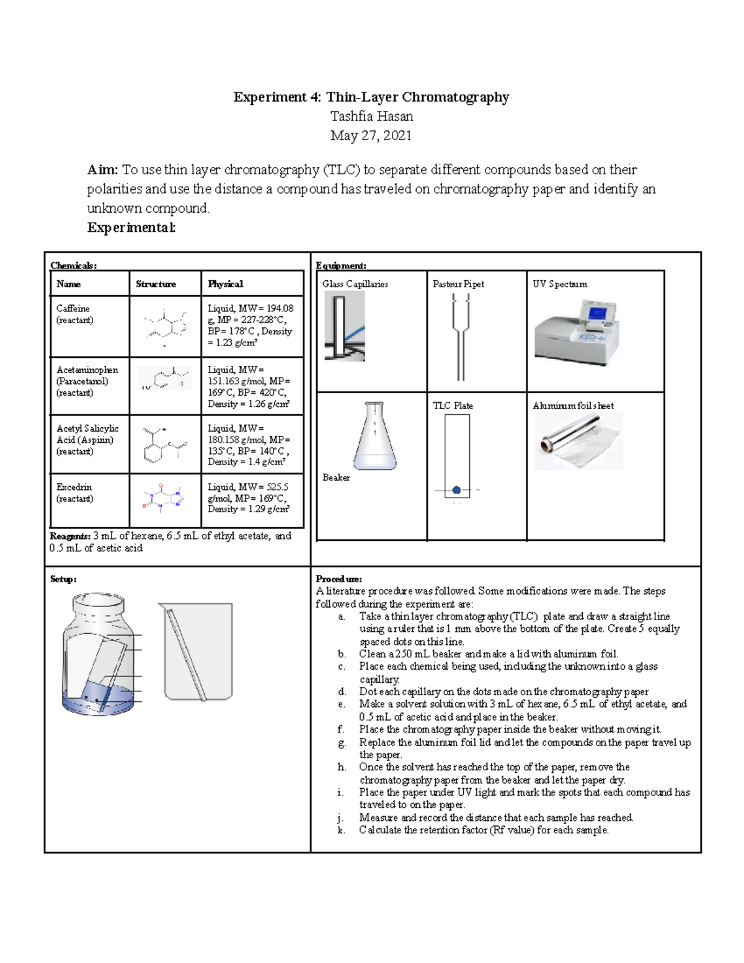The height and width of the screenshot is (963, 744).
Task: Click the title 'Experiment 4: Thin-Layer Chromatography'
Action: click(371, 97)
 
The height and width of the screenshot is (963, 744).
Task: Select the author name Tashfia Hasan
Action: click(371, 117)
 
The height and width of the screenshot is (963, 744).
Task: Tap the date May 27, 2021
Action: click(371, 136)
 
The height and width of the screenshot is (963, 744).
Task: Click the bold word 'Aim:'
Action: click(102, 170)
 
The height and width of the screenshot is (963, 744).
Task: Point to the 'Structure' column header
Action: click(156, 284)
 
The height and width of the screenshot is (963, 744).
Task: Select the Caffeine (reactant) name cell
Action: click(74, 314)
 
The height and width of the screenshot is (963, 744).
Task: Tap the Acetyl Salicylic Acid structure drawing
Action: click(164, 444)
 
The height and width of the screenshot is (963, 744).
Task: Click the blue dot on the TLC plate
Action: click(457, 490)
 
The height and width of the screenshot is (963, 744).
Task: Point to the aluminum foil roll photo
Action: click(578, 441)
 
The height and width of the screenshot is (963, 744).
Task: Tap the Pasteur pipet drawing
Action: click(461, 336)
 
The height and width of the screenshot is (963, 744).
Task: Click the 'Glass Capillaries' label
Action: click(355, 284)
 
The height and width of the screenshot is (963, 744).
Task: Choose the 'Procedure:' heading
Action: click(339, 579)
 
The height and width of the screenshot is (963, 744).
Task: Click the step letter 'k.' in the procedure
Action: click(341, 830)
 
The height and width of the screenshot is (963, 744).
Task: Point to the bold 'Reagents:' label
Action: click(70, 536)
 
